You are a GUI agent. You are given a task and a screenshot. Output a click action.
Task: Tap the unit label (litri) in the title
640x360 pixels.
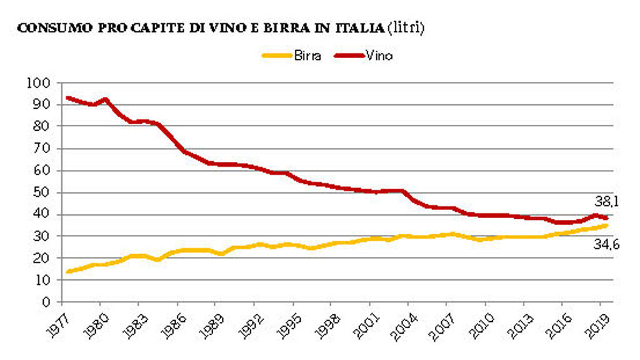click(x=406, y=29)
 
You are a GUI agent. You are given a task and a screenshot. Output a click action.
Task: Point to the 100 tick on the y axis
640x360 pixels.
click(x=38, y=82)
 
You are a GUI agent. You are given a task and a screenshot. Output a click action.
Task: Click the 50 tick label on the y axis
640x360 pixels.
click(x=41, y=192)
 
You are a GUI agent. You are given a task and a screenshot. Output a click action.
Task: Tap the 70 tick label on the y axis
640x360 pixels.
click(x=41, y=149)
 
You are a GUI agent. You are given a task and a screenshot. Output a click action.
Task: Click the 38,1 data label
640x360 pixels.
click(x=606, y=201)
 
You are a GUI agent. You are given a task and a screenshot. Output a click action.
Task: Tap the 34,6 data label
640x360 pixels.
click(x=606, y=244)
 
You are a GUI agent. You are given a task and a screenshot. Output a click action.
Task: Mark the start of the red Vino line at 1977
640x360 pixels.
click(x=67, y=97)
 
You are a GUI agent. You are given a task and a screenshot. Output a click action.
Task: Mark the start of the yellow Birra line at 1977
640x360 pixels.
click(x=67, y=271)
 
